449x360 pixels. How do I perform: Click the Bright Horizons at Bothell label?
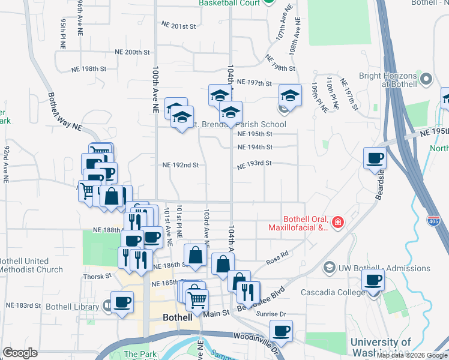(387, 80)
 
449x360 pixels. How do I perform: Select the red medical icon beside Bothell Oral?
(337, 223)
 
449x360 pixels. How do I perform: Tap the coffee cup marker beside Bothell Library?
(122, 301)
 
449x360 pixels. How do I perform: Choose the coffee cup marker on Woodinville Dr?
(281, 330)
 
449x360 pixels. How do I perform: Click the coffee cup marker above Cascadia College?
(373, 280)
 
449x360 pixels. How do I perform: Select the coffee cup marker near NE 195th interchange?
(375, 158)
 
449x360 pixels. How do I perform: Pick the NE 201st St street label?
(179, 26)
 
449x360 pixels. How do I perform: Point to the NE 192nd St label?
(180, 164)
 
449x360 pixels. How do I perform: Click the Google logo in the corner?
(20, 353)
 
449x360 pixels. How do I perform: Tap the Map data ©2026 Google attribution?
(412, 355)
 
